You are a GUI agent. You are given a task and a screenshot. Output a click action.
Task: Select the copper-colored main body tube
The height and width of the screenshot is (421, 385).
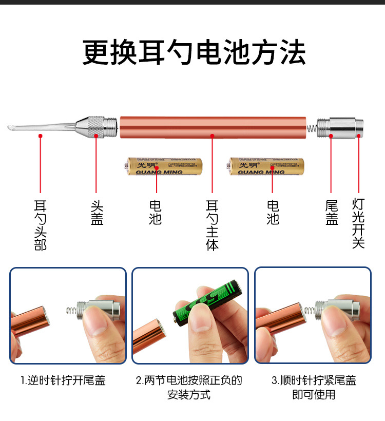[x=213, y=127]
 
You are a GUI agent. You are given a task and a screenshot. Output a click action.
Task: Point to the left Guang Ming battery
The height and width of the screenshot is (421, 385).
[x=163, y=166]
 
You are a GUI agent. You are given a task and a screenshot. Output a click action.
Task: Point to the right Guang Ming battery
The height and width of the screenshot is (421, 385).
[x=267, y=166]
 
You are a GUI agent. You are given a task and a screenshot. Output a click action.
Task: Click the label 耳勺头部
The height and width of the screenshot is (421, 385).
[x=40, y=225]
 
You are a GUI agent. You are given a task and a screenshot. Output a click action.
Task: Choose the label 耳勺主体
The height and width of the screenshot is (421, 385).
[x=212, y=225]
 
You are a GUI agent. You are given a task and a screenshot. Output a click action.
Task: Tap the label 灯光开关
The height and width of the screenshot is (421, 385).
[x=358, y=223]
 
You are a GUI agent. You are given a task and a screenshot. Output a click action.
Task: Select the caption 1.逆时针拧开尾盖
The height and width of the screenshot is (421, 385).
[x=63, y=380]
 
